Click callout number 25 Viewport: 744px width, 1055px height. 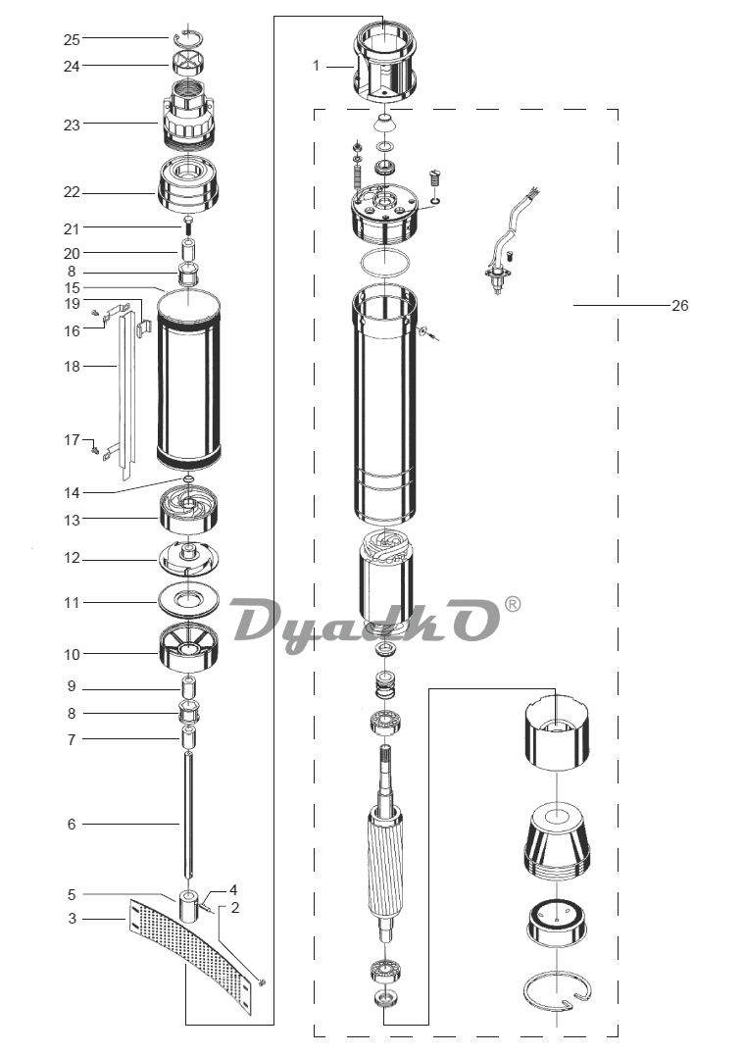[72, 39]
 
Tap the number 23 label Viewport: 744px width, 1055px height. [72, 125]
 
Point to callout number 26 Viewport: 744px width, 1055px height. [680, 306]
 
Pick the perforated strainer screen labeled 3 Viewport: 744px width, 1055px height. [191, 954]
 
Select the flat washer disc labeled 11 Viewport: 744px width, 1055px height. [189, 599]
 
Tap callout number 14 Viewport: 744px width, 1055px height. [72, 493]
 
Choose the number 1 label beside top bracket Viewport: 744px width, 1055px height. [316, 66]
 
